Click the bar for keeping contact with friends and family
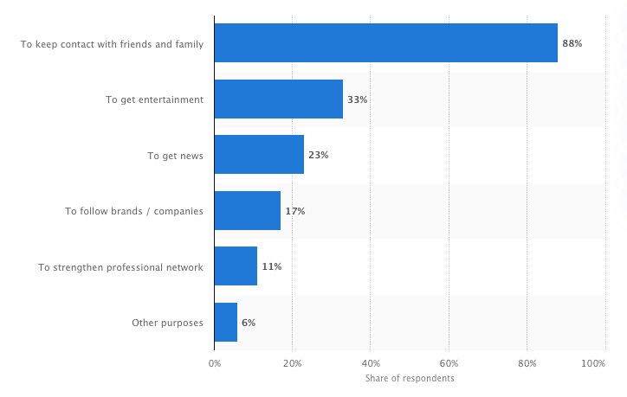point(385,43)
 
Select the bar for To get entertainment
point(278,99)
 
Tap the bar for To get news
point(259,155)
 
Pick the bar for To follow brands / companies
point(247,211)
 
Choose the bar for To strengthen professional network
point(236,266)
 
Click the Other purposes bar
point(225,323)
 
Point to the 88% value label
point(572,43)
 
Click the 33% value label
point(357,99)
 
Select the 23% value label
point(318,155)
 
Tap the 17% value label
point(294,211)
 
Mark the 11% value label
point(271,266)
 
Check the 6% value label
point(249,323)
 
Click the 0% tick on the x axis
point(214,364)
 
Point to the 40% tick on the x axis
point(371,364)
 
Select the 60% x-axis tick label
point(449,364)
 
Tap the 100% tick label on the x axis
point(593,364)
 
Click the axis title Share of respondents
point(410,379)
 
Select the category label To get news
point(175,156)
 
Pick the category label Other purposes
point(167,323)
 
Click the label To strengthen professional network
point(120,267)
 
